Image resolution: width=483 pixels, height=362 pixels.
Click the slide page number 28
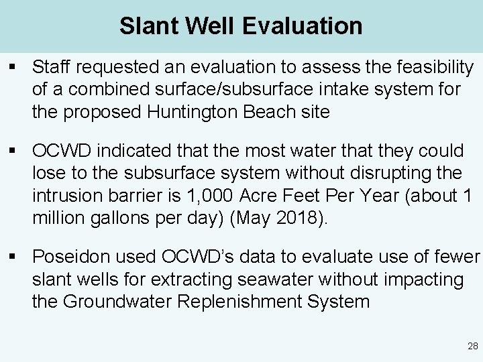click(472, 346)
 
